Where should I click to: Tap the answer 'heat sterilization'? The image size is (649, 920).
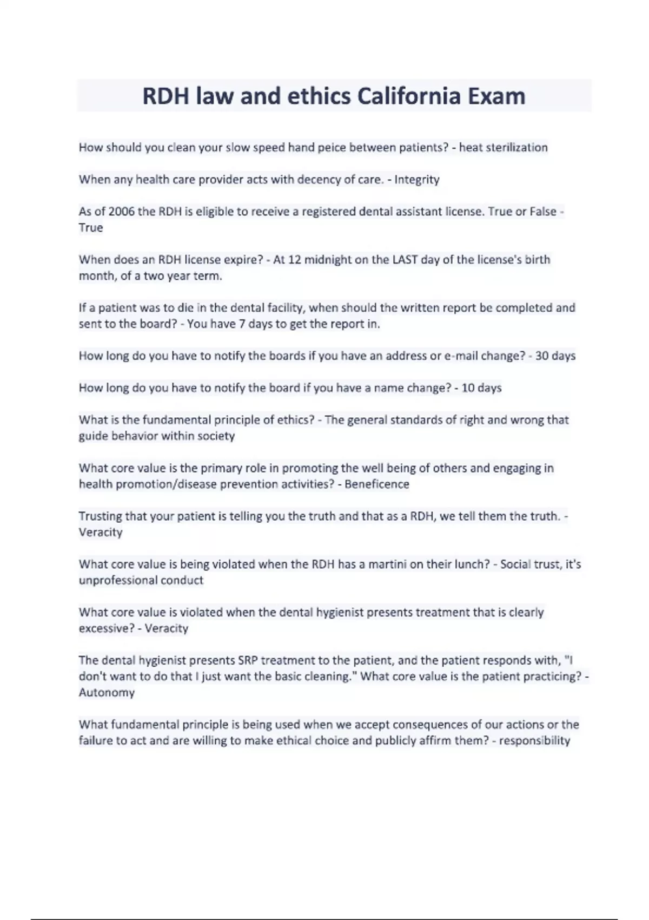pos(503,148)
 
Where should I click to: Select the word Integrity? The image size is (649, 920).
pos(417,180)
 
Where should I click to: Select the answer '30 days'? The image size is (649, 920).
pos(555,356)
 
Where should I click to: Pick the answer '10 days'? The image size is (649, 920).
pos(481,388)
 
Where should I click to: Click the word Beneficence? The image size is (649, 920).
pos(377,484)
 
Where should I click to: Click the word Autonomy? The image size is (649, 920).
pos(107,693)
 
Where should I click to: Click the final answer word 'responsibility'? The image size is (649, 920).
pos(534,741)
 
